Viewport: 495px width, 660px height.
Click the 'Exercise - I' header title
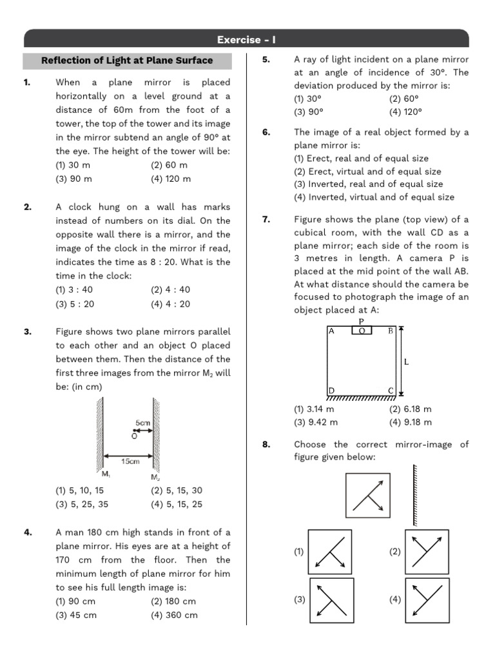click(247, 40)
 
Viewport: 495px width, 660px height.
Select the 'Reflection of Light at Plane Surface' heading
click(127, 61)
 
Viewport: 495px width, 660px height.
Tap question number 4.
click(28, 532)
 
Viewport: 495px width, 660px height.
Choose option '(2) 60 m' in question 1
click(169, 165)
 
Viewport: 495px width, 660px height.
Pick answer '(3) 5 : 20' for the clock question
click(75, 304)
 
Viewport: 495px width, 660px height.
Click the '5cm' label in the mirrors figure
click(143, 423)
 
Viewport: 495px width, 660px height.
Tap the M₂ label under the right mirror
click(155, 477)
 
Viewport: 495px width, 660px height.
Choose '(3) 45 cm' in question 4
click(76, 615)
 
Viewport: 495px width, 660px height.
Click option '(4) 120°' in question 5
click(406, 111)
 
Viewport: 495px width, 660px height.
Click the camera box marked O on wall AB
click(362, 331)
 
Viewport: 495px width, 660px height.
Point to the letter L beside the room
click(406, 362)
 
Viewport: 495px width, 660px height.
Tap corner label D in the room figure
click(331, 391)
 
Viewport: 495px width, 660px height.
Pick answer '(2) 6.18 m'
click(410, 409)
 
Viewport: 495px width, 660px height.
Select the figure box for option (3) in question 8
click(332, 600)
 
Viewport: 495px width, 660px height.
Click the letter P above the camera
click(362, 321)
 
